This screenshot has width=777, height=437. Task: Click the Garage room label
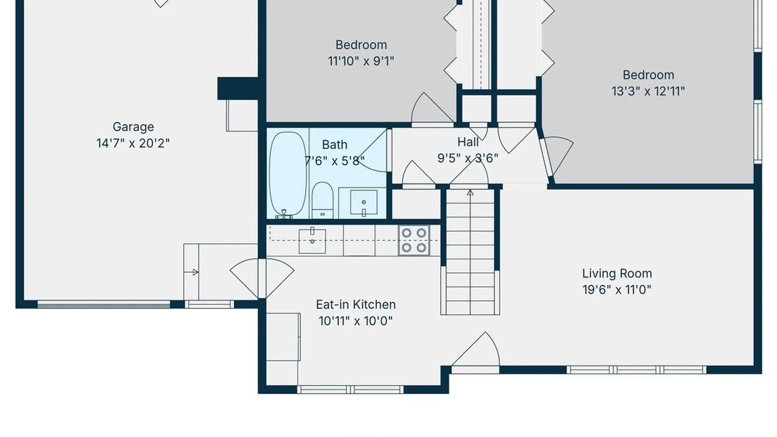click(x=133, y=127)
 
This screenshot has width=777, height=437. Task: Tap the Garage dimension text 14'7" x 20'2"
click(x=133, y=143)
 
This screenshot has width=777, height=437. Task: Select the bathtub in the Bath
click(x=288, y=174)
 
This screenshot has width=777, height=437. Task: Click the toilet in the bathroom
click(x=323, y=200)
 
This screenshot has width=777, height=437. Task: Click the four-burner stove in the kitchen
click(x=414, y=240)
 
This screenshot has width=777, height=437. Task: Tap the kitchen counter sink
click(x=312, y=241)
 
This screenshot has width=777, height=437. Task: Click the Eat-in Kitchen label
click(x=356, y=305)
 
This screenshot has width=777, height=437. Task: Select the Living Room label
click(x=617, y=274)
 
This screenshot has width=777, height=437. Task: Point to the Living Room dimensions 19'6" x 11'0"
click(x=617, y=290)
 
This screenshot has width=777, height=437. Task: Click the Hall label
click(x=468, y=142)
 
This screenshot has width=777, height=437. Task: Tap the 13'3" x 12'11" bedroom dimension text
click(x=648, y=91)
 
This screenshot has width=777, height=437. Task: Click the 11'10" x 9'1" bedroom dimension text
click(x=361, y=61)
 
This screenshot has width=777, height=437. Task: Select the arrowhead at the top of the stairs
click(x=470, y=193)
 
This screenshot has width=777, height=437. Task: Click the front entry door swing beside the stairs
click(x=476, y=350)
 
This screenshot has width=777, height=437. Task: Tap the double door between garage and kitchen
click(x=262, y=278)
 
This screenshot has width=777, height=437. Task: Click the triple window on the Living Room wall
click(x=636, y=370)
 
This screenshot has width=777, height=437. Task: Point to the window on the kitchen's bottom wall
click(x=350, y=390)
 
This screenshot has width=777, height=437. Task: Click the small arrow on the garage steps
click(x=191, y=272)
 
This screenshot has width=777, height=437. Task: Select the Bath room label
click(x=335, y=145)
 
